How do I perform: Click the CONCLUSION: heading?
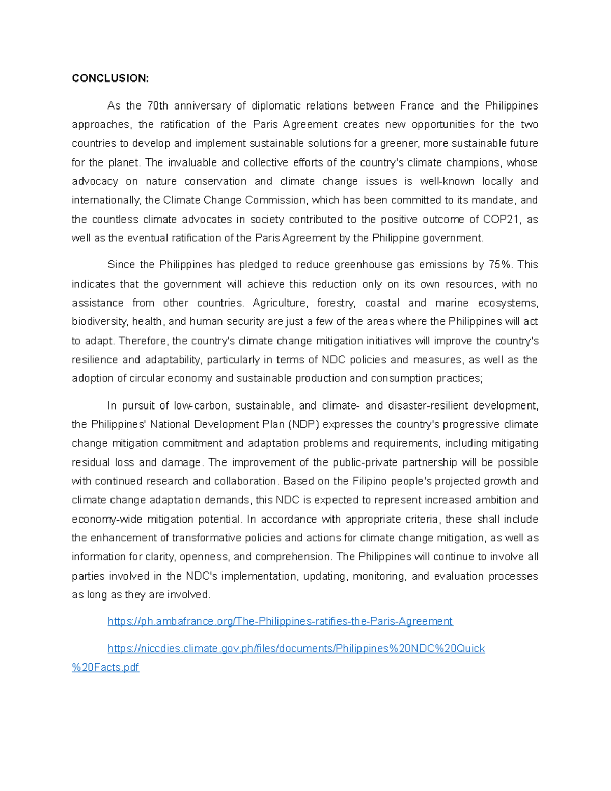pos(110,78)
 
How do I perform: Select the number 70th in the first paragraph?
pos(157,106)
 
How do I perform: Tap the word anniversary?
pos(202,106)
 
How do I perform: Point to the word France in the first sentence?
pos(417,106)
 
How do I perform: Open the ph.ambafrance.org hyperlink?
pos(280,622)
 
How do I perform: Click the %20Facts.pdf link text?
pos(105,668)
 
